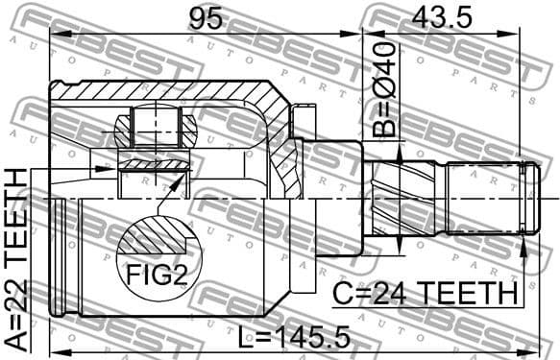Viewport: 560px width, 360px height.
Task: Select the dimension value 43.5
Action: click(443, 17)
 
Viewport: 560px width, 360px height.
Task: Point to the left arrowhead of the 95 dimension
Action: click(55, 36)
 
